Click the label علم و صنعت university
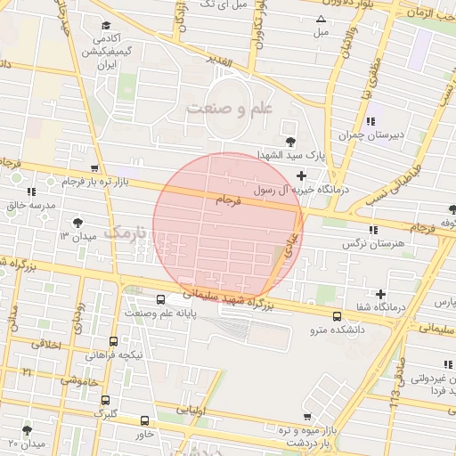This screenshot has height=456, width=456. [229, 108]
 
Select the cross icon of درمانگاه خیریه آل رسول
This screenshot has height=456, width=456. [302, 175]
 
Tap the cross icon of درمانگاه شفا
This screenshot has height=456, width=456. [381, 294]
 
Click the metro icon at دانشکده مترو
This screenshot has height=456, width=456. [337, 316]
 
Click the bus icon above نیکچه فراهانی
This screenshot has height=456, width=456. [113, 341]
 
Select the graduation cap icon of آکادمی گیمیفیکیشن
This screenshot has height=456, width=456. [107, 25]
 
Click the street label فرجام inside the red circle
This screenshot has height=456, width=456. [229, 200]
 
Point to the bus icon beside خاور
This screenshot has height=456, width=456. [145, 420]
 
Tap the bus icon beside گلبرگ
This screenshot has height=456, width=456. [105, 400]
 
